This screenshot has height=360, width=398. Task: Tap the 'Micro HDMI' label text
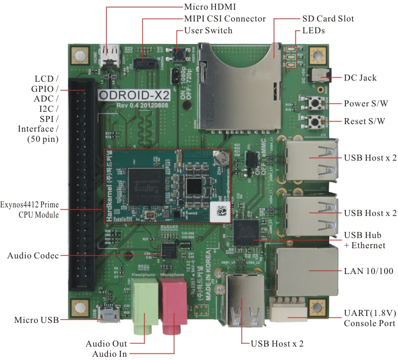point(209,7)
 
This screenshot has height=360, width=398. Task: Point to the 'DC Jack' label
point(360,78)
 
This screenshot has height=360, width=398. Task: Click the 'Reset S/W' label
point(365,121)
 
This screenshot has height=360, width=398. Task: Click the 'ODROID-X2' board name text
point(135,95)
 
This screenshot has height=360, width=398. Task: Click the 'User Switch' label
point(208,30)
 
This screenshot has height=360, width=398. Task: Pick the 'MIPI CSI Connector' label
point(225,19)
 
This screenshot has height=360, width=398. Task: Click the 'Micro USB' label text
point(37,321)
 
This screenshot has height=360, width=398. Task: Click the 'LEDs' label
point(314,31)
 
